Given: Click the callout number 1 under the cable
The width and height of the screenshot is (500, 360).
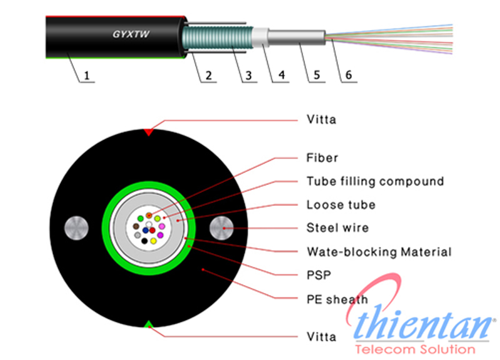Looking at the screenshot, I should [x=87, y=76].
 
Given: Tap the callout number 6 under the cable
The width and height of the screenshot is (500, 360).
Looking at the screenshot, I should [x=348, y=76].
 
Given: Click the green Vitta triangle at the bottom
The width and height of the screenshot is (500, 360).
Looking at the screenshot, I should [x=149, y=324].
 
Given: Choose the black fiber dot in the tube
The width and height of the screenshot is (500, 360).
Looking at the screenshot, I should [x=145, y=241].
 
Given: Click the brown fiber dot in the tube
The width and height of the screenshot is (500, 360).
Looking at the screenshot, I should [x=136, y=226].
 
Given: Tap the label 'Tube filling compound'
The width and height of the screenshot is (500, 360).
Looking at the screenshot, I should [x=375, y=181].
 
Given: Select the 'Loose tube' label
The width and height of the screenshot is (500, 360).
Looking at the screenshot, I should [x=341, y=204].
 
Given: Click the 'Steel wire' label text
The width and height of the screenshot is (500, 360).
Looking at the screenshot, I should [x=337, y=227].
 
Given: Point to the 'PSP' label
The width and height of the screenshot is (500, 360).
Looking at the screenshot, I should [x=319, y=274].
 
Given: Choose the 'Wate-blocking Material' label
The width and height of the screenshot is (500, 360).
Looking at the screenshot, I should [x=379, y=252].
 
